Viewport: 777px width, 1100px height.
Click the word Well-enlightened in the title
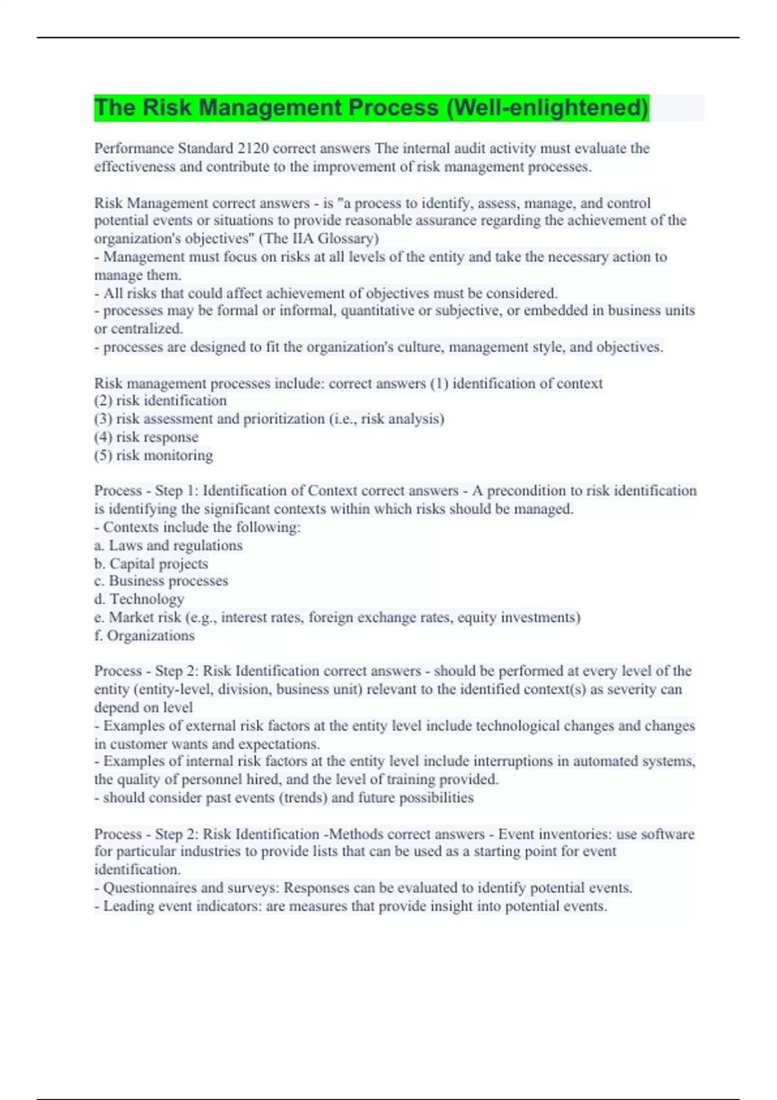547,107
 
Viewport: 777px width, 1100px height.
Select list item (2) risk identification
161,401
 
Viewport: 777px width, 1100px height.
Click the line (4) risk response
146,437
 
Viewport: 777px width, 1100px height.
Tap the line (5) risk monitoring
153,455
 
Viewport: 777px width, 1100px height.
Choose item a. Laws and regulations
168,545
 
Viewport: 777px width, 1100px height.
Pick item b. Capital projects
151,563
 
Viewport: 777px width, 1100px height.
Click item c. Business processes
161,581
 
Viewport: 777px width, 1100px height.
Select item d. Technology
139,599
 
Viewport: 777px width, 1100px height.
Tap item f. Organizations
144,635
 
